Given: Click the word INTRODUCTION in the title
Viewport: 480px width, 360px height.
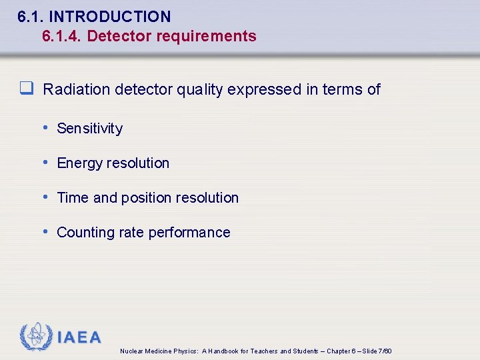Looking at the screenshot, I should click(119, 17).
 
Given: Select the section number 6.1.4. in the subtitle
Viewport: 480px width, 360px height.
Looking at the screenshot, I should click(61, 36).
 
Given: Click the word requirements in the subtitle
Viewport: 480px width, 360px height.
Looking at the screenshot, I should click(206, 36).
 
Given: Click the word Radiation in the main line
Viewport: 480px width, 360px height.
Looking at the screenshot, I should click(77, 89).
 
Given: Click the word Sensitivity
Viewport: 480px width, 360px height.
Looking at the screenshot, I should click(90, 129).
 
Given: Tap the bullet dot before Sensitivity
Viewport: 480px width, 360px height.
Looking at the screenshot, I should click(45, 127).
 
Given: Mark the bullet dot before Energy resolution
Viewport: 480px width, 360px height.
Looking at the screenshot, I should click(45, 162).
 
